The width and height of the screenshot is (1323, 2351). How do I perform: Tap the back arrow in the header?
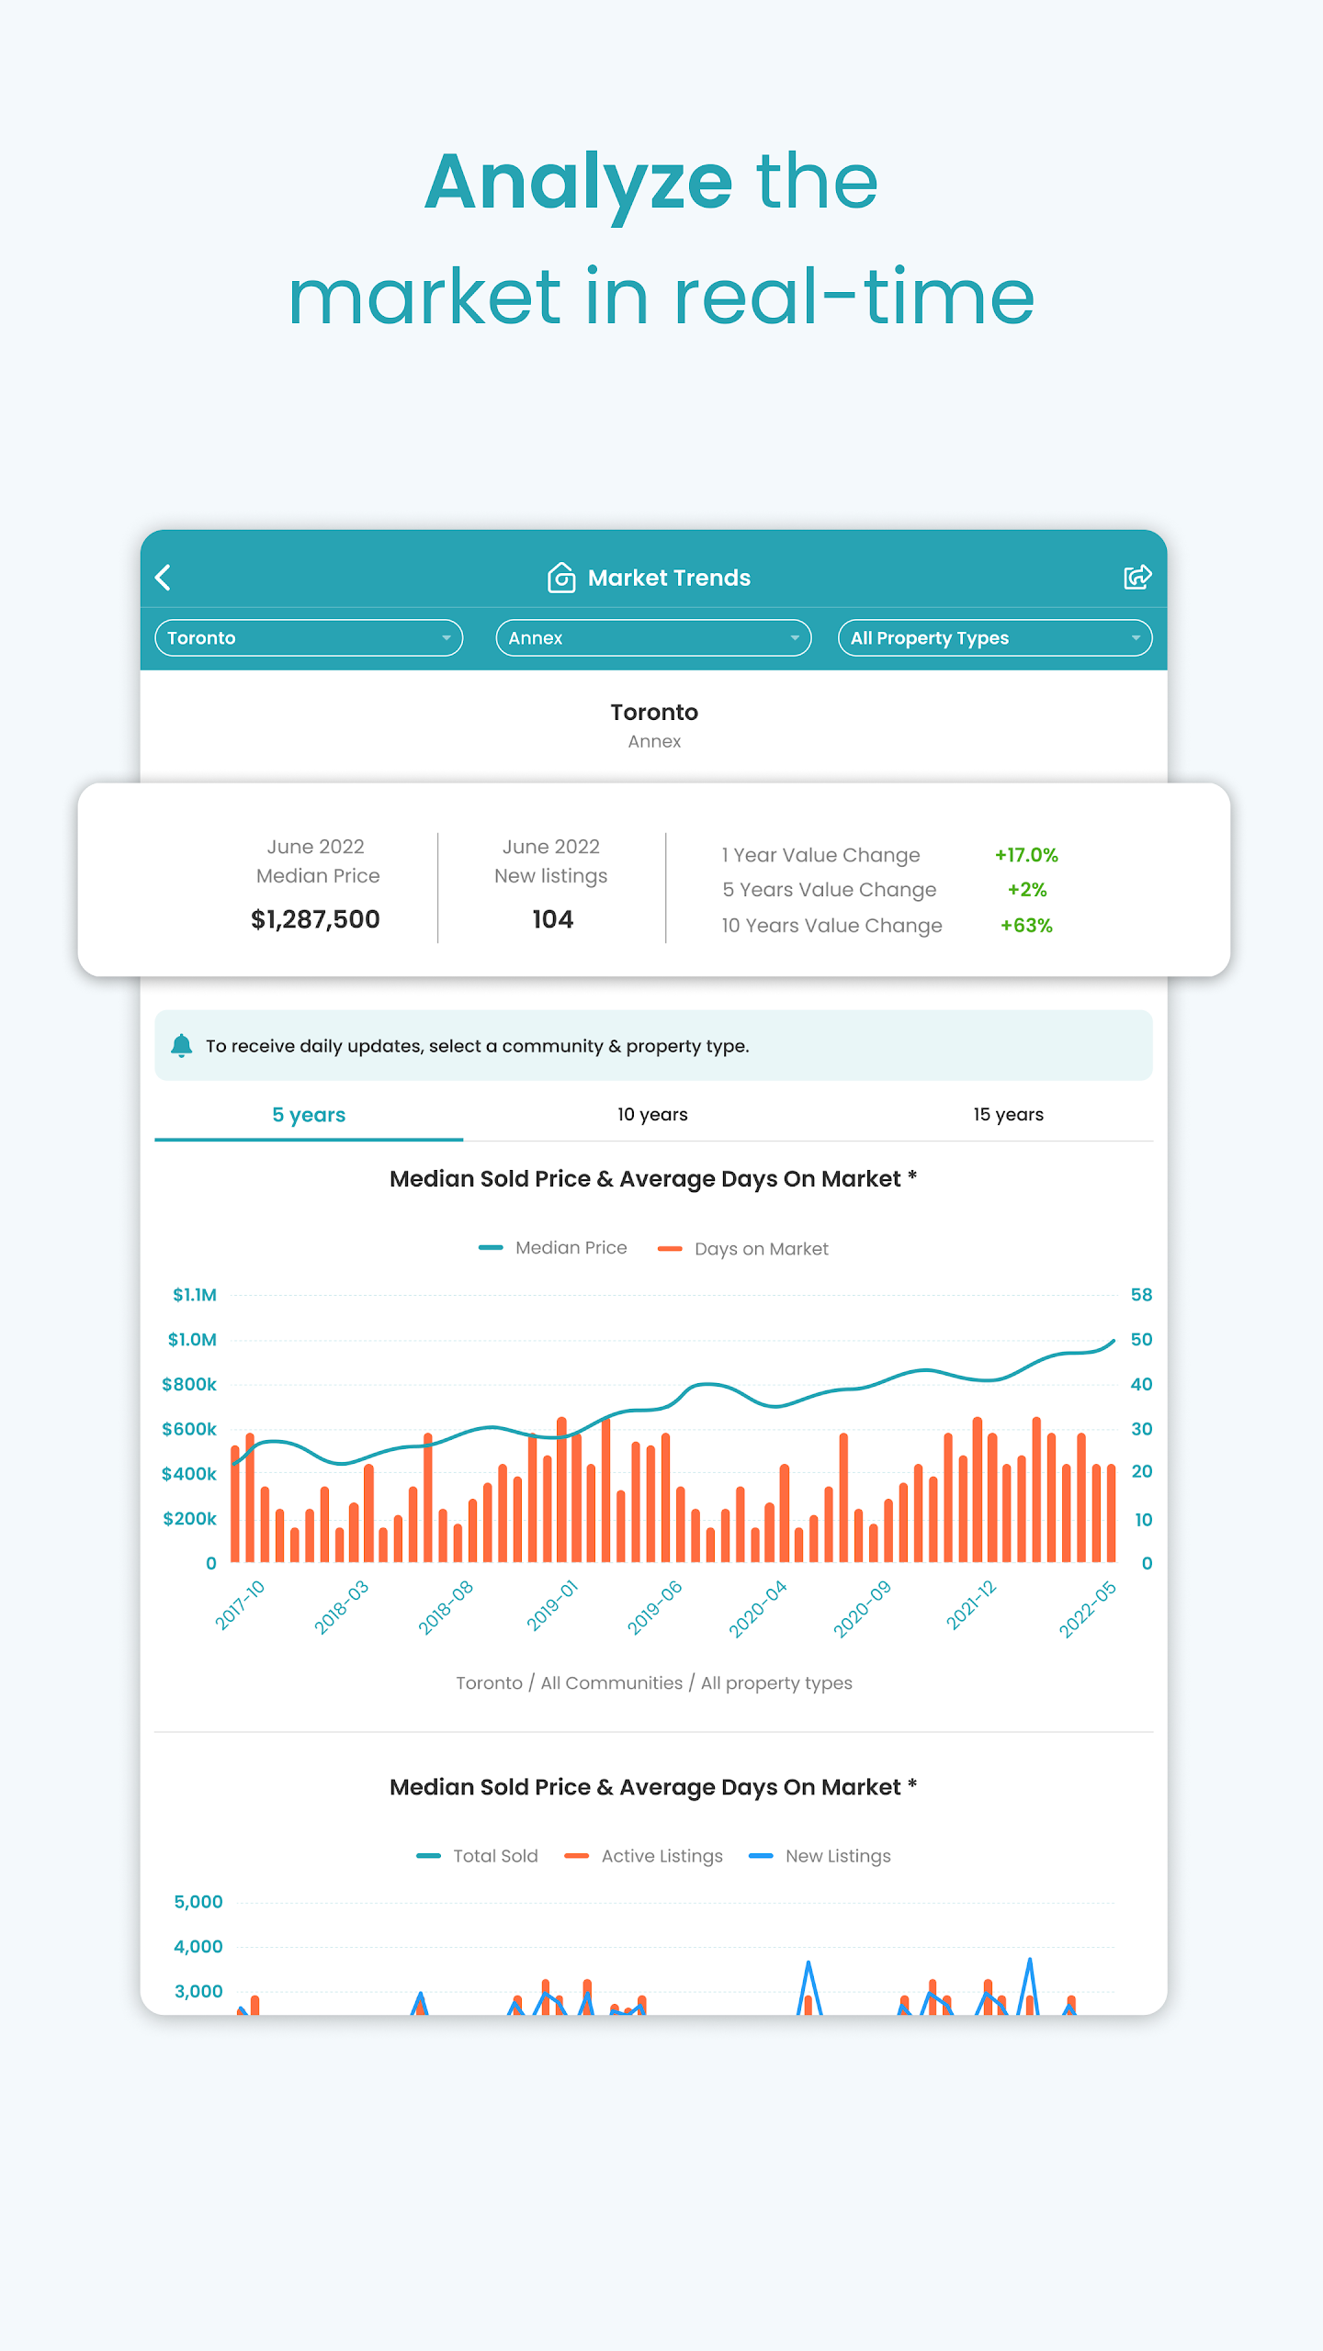164,578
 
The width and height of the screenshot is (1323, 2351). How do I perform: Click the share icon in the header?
1137,577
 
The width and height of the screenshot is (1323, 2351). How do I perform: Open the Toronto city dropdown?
309,638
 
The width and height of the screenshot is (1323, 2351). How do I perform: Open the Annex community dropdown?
653,638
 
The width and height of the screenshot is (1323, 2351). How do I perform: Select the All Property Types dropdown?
995,638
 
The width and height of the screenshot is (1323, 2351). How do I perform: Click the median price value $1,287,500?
315,919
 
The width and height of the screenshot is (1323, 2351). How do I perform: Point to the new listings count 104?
552,919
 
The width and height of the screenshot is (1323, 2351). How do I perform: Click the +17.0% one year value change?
1026,855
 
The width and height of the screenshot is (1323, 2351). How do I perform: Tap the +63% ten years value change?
1026,926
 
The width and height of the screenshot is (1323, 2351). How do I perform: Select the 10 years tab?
652,1114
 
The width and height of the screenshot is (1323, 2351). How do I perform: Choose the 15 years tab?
1008,1114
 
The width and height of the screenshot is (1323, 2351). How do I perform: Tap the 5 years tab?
309,1115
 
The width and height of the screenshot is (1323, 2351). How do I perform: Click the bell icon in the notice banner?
182,1045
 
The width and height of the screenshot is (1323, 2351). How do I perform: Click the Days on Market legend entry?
743,1249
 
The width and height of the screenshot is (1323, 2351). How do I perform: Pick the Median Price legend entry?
553,1248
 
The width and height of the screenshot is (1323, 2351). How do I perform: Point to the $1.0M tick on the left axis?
192,1340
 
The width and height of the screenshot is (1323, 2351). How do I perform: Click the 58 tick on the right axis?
1141,1295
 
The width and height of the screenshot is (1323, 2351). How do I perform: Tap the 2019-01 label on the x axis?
552,1605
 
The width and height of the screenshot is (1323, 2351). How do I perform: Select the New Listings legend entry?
820,1856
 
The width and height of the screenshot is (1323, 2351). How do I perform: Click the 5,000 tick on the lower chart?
198,1902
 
